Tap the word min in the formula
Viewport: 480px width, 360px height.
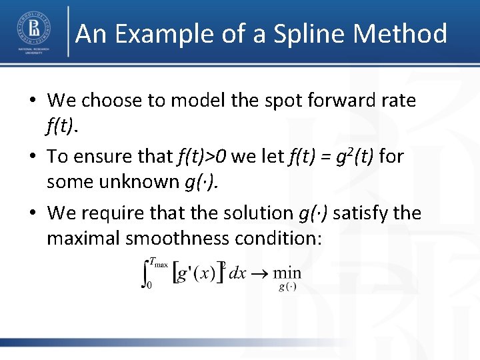click(287, 273)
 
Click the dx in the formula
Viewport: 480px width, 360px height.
click(237, 273)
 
